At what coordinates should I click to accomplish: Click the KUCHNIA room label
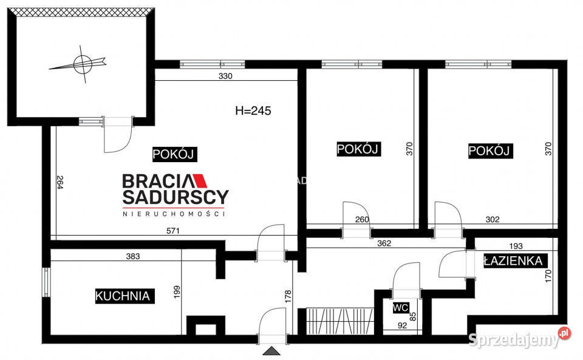(123, 296)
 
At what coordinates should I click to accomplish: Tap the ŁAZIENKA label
(513, 261)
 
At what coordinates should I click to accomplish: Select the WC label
(400, 308)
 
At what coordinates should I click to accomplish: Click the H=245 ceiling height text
(253, 110)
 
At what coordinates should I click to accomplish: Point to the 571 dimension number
(173, 231)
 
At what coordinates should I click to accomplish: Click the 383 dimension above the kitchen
(133, 256)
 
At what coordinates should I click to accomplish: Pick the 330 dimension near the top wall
(225, 76)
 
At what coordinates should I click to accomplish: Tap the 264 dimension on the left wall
(60, 182)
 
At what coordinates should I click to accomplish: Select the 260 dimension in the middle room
(362, 220)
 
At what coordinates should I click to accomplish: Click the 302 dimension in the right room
(493, 220)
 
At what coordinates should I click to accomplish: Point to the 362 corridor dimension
(384, 243)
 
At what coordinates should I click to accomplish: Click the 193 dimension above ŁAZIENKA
(516, 246)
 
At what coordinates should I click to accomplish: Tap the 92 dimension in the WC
(402, 325)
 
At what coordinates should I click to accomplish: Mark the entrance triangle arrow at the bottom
(272, 351)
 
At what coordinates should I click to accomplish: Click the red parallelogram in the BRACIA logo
(201, 180)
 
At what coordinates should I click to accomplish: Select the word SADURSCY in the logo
(176, 197)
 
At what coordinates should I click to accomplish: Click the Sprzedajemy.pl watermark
(519, 338)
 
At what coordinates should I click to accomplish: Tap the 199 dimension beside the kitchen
(177, 293)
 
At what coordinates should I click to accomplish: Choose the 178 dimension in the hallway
(288, 297)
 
